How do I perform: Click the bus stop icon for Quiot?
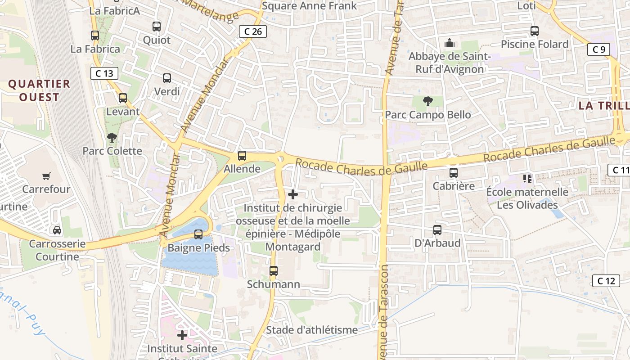click(x=157, y=27)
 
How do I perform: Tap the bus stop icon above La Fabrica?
click(x=95, y=36)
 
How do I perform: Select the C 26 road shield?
click(x=253, y=31)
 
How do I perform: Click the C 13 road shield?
click(x=104, y=73)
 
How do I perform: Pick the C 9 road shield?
click(x=598, y=49)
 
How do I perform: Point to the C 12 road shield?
click(x=606, y=281)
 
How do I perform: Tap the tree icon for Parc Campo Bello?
click(x=427, y=101)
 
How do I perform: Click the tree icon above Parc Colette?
click(x=112, y=137)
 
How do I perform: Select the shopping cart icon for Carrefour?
click(x=46, y=176)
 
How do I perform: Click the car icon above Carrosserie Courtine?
click(x=57, y=230)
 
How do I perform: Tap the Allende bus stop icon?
click(x=242, y=156)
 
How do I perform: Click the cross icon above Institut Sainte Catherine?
click(x=182, y=335)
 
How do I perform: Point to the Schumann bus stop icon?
click(x=274, y=271)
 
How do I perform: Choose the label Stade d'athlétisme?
click(x=312, y=330)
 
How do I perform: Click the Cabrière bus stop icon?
click(x=454, y=173)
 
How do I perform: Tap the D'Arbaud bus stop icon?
click(x=437, y=230)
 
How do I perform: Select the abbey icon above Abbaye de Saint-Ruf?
click(x=449, y=43)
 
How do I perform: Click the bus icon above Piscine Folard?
click(x=535, y=31)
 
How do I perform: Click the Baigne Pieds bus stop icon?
click(x=198, y=234)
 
